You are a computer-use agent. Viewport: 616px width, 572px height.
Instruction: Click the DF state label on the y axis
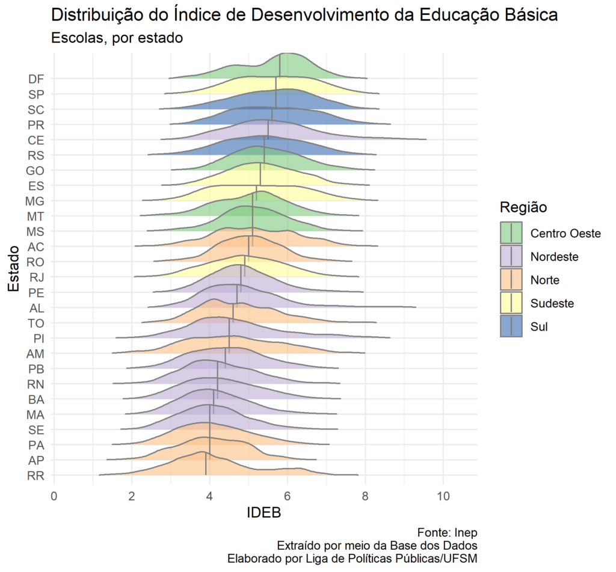point(35,79)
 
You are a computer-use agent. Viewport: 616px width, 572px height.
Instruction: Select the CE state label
point(35,140)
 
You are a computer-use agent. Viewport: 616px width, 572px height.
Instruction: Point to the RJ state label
point(35,277)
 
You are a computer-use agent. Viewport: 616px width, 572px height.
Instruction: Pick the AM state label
point(35,354)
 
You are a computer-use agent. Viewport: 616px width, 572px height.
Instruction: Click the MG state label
point(35,201)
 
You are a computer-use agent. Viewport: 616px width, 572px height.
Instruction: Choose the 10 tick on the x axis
point(443,496)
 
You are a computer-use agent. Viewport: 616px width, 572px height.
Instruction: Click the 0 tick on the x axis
point(54,496)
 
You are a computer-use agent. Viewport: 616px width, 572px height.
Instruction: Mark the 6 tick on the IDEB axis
point(288,496)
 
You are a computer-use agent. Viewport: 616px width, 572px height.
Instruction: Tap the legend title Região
point(523,208)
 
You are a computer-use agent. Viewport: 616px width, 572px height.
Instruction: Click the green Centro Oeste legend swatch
point(511,233)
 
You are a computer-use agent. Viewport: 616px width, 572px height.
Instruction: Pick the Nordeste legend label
point(554,257)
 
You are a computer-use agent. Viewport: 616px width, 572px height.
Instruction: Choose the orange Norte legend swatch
point(511,280)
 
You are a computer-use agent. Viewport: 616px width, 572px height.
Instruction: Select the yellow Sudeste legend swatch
point(511,304)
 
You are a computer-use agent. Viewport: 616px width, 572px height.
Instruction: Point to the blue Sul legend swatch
point(511,327)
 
